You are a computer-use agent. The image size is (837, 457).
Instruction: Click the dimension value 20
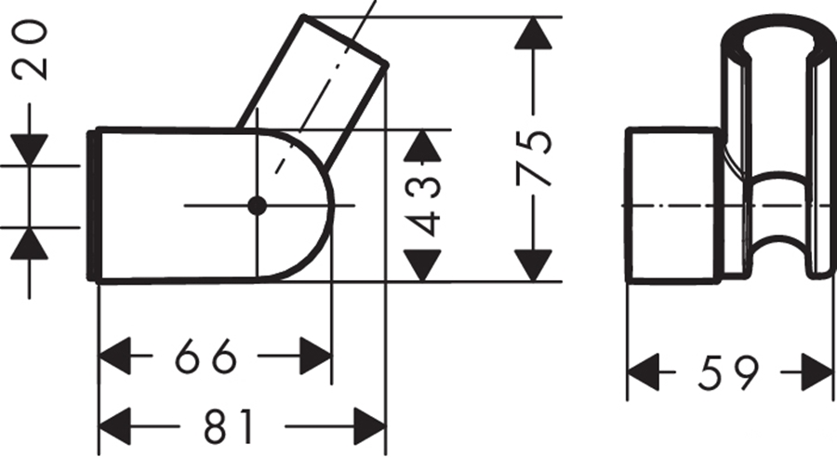(x=31, y=49)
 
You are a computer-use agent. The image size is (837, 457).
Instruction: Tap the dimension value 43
(x=423, y=206)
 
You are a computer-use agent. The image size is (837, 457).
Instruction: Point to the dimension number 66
(x=205, y=356)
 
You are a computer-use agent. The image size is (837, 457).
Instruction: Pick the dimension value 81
(x=228, y=426)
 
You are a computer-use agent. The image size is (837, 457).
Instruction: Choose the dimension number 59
(x=727, y=371)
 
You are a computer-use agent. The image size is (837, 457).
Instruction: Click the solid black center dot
(x=258, y=206)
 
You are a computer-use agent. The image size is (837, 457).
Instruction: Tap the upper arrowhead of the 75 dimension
(x=533, y=34)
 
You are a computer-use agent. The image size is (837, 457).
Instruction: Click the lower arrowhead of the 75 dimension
(x=533, y=265)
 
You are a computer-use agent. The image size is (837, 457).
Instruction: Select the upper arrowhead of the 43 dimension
(x=423, y=145)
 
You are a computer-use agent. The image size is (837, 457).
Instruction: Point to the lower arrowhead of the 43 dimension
(x=423, y=265)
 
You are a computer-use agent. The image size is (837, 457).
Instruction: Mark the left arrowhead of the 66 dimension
(x=116, y=356)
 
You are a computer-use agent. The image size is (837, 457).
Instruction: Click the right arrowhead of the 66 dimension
(x=315, y=356)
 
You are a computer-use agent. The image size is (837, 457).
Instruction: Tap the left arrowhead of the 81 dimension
(x=116, y=426)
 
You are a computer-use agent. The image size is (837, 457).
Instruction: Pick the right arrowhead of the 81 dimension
(x=370, y=426)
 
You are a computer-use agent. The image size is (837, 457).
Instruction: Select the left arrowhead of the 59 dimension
(x=644, y=371)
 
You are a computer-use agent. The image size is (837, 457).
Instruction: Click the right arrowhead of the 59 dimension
(x=817, y=371)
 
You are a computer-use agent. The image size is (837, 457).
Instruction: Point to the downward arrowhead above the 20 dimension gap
(x=30, y=150)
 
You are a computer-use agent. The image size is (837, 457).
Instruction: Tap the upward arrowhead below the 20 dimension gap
(x=30, y=243)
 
